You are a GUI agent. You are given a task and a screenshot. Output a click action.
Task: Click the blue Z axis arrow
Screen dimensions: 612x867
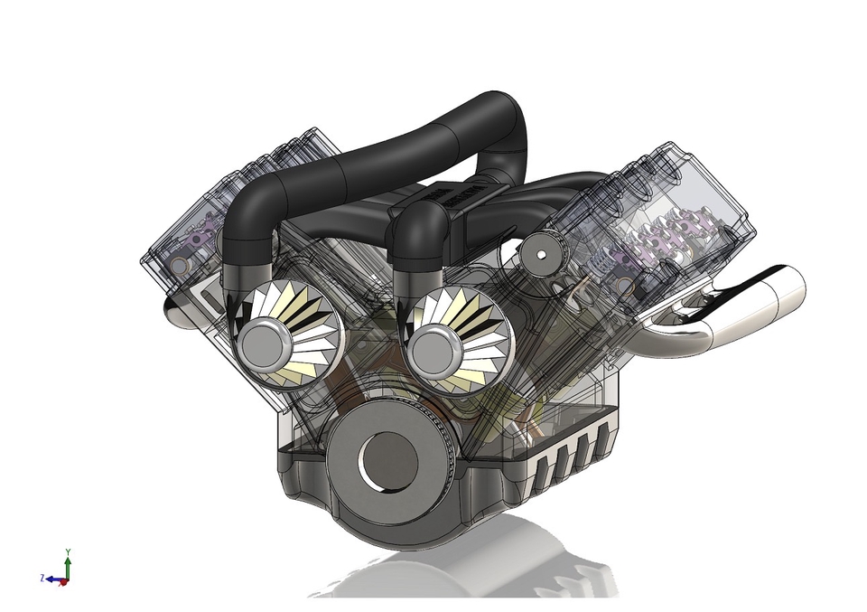tap(54, 579)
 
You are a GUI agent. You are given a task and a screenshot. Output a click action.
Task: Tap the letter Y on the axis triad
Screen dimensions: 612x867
tap(69, 551)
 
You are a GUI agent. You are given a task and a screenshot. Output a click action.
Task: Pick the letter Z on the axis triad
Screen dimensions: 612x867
tap(42, 577)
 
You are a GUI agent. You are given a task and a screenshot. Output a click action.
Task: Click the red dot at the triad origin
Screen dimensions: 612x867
tap(64, 583)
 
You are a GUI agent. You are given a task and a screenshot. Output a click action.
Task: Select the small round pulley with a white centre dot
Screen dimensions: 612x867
tap(540, 254)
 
